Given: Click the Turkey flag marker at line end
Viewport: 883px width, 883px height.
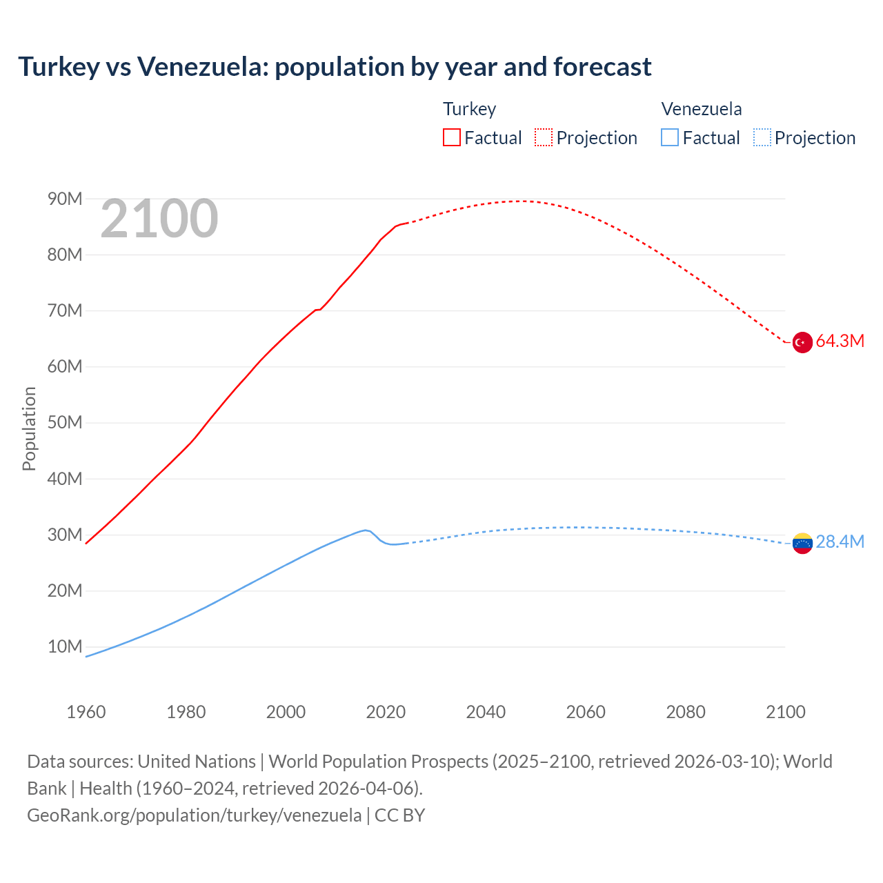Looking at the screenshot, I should [802, 342].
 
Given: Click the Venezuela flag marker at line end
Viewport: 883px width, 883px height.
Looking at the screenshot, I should [802, 544].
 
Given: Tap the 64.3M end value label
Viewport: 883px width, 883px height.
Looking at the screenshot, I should [840, 341].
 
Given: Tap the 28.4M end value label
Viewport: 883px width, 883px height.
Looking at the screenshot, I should [840, 542].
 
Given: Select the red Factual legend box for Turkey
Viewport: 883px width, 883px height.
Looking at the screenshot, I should [452, 137].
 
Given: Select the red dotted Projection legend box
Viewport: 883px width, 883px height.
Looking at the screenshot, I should [544, 137].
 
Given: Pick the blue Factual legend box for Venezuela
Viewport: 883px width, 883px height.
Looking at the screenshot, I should [670, 137].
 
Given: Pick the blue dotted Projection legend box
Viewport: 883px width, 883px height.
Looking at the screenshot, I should [762, 137].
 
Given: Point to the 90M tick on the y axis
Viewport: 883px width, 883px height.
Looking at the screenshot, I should [65, 199].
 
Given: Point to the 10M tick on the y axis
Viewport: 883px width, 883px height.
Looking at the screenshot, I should [65, 646].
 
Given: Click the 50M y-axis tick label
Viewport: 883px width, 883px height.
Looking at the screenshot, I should [65, 422].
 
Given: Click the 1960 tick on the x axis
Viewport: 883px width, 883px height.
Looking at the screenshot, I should [86, 712].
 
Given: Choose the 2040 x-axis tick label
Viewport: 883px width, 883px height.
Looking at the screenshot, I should [486, 712].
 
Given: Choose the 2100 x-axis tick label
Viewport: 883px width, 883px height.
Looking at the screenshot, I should [785, 712].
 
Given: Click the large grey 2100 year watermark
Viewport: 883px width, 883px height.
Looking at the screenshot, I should [159, 219].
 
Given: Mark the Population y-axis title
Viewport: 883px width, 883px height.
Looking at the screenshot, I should [29, 428].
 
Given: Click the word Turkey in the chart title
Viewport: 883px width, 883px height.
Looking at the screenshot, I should [59, 67].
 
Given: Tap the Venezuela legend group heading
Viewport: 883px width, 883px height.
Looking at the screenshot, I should [702, 109].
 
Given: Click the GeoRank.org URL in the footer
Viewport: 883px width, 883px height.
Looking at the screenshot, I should [194, 815].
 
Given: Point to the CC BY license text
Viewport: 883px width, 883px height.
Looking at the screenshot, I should [399, 815].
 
